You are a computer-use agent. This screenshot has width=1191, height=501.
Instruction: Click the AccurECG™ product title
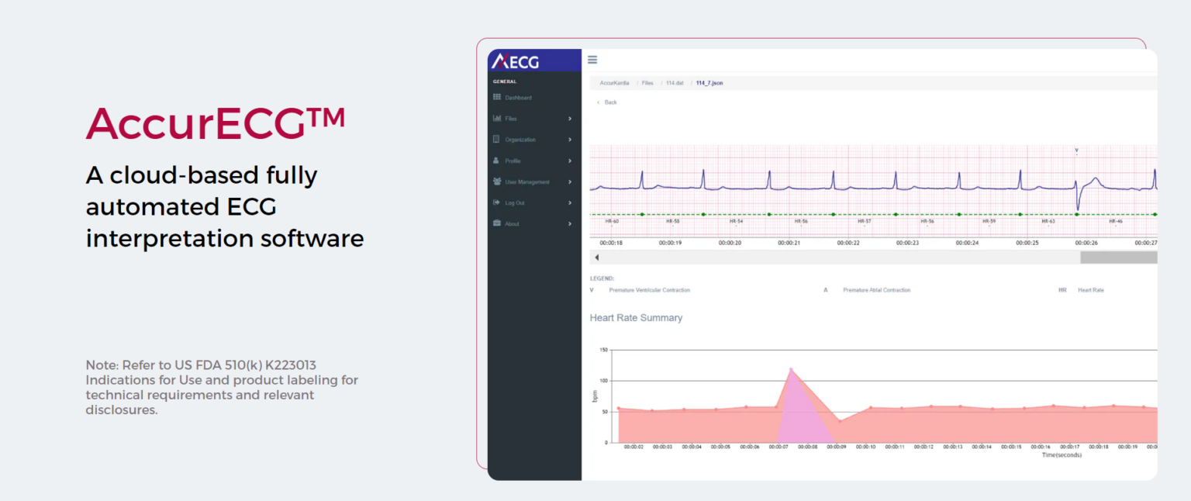tap(215, 123)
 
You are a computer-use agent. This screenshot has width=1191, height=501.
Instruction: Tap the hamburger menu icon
tap(592, 60)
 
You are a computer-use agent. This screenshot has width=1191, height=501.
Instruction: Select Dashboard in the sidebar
tap(518, 98)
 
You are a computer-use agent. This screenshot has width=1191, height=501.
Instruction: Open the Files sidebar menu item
tap(510, 119)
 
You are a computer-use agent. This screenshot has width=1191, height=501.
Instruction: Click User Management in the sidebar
tap(526, 182)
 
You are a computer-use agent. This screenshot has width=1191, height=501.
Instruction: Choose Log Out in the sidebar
tap(514, 203)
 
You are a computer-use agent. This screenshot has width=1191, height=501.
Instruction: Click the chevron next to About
tap(570, 224)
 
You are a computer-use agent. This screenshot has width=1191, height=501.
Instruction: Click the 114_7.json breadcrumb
tap(709, 82)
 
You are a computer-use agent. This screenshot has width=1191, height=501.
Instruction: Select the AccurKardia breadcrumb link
tap(614, 82)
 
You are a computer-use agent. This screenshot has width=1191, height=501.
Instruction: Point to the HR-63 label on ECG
tap(1048, 221)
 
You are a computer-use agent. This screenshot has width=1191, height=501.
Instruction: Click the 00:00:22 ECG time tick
tap(848, 243)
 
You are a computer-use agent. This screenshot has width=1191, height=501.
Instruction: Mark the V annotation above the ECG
tap(1076, 150)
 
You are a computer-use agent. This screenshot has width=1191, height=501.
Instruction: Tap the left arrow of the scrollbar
tap(596, 257)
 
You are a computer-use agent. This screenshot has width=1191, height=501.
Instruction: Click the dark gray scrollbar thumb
tap(1118, 257)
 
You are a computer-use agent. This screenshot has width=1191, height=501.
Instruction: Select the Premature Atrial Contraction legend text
tap(876, 290)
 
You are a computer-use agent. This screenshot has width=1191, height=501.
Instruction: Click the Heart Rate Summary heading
tap(636, 318)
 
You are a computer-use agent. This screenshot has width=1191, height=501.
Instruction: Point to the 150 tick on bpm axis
tap(603, 350)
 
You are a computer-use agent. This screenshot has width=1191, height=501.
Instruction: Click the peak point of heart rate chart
tap(791, 369)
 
